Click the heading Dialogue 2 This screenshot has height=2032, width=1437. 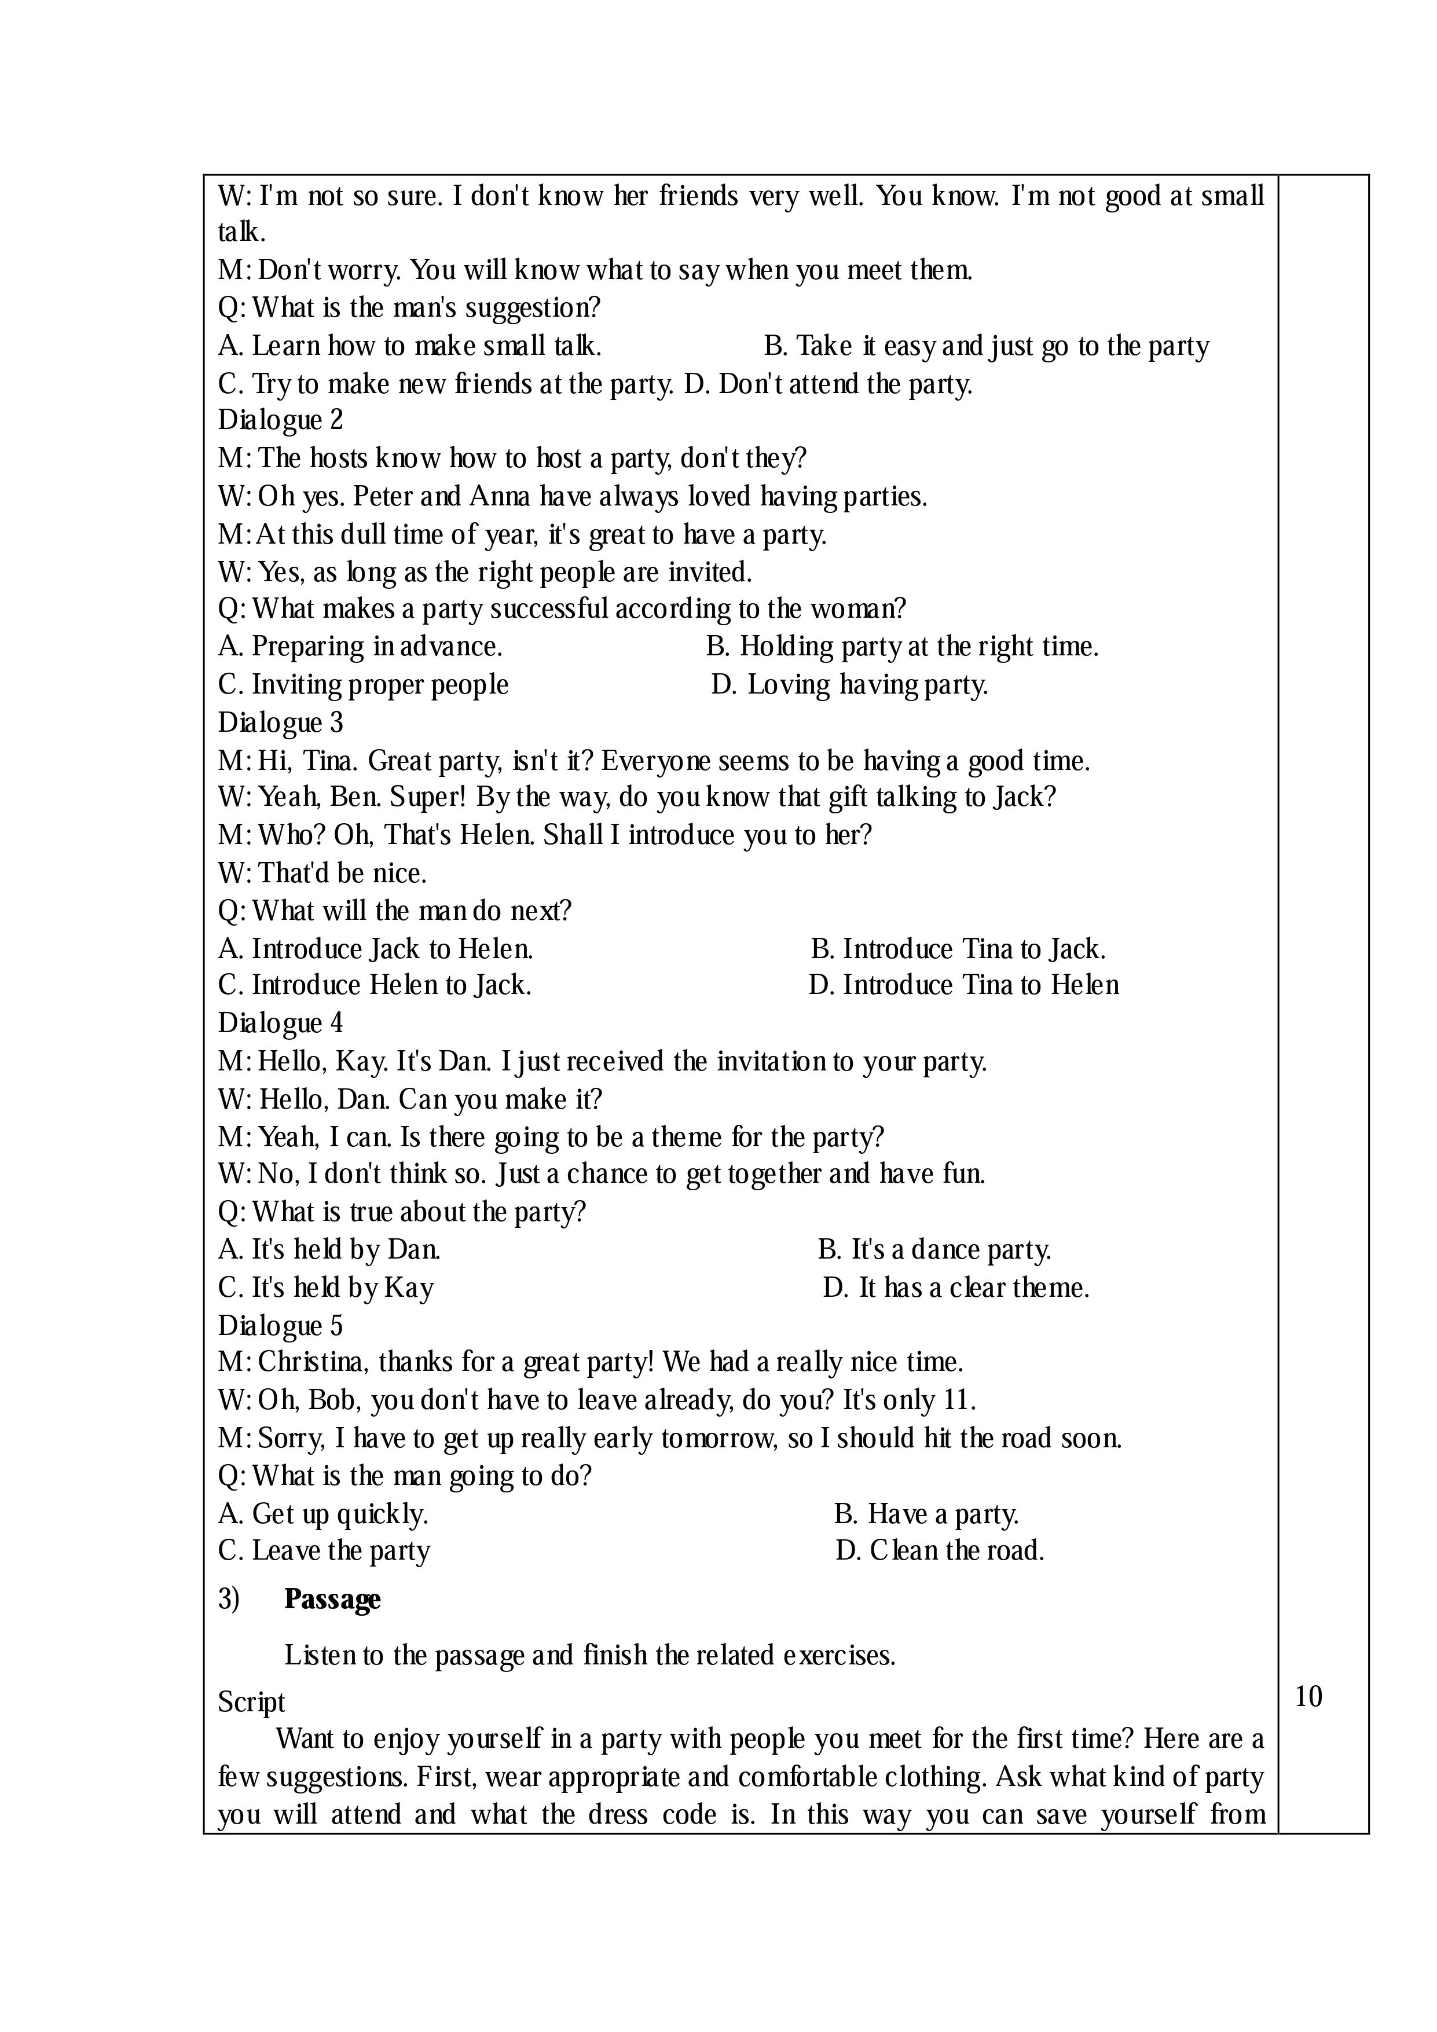click(280, 420)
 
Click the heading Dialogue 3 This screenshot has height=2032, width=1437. click(280, 723)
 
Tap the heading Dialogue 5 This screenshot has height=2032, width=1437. click(280, 1325)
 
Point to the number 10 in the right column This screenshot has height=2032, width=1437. click(1308, 1697)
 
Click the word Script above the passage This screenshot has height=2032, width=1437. click(251, 1702)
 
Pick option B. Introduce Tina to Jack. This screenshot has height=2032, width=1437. click(958, 949)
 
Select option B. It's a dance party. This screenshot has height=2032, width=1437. click(934, 1250)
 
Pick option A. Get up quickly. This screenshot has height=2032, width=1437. click(323, 1514)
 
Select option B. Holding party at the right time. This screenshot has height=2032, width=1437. click(901, 647)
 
